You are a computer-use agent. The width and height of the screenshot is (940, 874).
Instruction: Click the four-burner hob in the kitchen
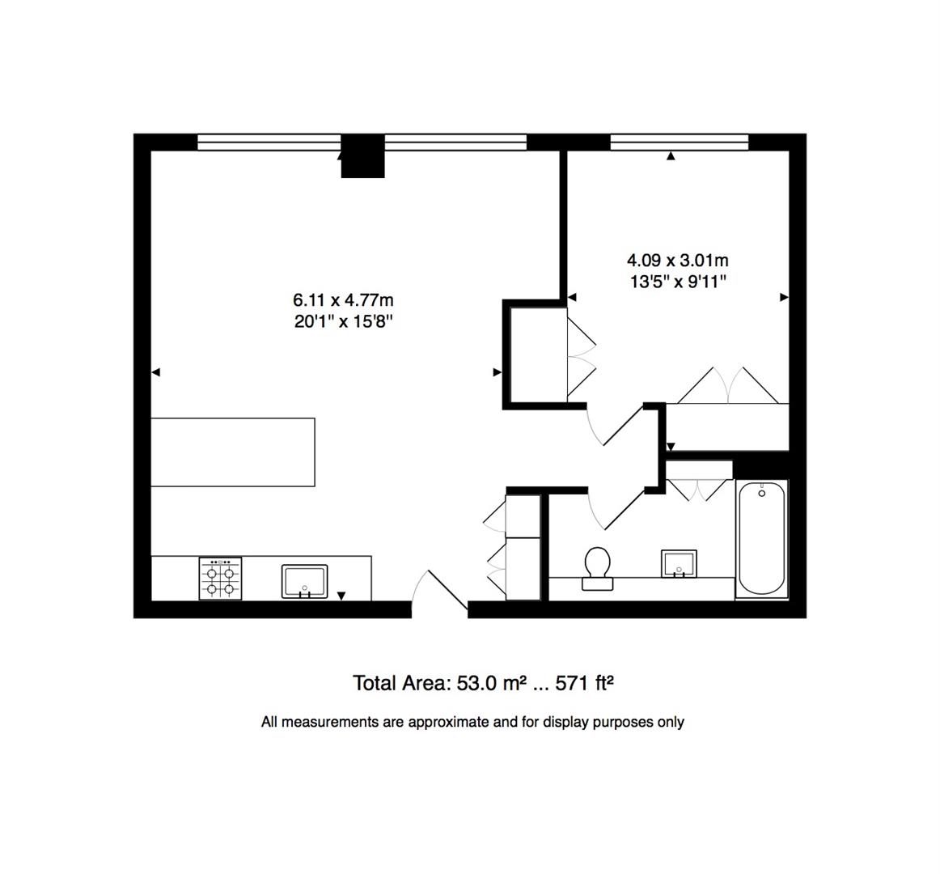(221, 579)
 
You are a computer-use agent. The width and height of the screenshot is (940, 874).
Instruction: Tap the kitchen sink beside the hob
(304, 582)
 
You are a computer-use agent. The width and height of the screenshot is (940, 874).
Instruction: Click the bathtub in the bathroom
(761, 538)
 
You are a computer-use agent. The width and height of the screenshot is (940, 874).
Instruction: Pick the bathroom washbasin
(679, 563)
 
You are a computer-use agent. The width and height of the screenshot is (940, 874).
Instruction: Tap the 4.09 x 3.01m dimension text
(677, 261)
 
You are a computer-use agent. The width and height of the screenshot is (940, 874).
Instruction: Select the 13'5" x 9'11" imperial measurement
(677, 282)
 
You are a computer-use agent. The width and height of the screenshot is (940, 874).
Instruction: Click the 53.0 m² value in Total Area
(488, 684)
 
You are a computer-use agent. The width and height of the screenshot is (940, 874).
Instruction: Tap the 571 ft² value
(586, 684)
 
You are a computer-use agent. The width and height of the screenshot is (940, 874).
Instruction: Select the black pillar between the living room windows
(362, 157)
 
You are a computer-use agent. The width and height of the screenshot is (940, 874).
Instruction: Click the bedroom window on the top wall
(679, 143)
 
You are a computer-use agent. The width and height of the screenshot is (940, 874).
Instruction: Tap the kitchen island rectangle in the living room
(233, 452)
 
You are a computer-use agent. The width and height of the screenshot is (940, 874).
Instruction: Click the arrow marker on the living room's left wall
(157, 372)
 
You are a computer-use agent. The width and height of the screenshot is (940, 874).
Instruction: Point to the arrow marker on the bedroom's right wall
(783, 298)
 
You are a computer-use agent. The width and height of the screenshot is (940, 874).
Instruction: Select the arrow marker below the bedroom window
(670, 157)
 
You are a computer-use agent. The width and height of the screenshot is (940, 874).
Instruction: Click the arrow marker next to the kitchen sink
(341, 596)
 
